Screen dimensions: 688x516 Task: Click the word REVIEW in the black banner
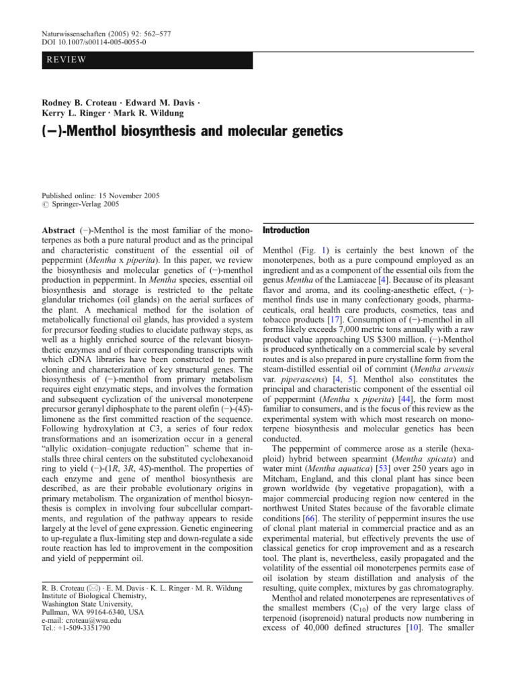tap(67, 60)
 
